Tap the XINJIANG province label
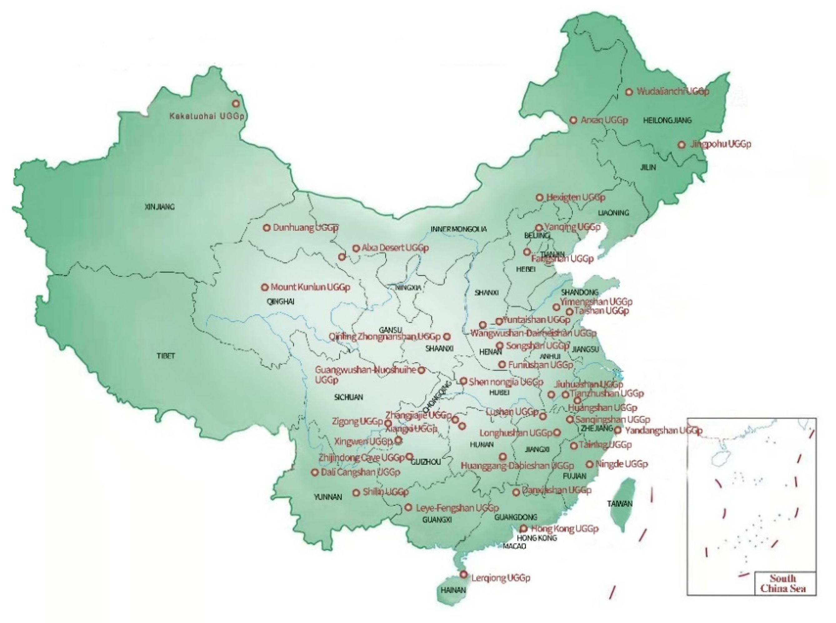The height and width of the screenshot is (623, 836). [x=160, y=207]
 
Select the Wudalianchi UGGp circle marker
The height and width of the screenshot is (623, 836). [x=629, y=92]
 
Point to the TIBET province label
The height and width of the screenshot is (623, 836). [x=166, y=356]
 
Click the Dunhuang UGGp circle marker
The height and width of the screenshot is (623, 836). [x=266, y=228]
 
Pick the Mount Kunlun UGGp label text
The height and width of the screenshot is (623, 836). [x=310, y=287]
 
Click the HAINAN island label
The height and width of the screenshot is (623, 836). [x=453, y=590]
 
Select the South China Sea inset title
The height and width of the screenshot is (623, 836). [x=783, y=583]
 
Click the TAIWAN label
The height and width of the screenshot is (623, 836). [x=620, y=504]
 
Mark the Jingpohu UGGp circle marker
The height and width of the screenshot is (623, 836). [x=681, y=144]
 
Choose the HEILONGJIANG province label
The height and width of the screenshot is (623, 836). [x=667, y=120]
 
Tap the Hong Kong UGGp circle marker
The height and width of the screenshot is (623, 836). [x=524, y=529]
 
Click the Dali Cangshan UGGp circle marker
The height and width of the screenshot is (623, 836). [x=314, y=472]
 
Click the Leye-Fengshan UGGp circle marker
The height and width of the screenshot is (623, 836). [x=408, y=508]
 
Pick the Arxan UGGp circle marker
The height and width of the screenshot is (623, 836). [x=573, y=120]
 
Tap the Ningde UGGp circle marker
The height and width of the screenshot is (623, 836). [x=590, y=464]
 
